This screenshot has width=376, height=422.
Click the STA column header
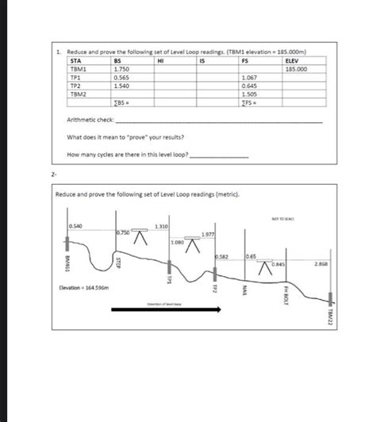(x=75, y=62)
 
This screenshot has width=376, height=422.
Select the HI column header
(x=161, y=62)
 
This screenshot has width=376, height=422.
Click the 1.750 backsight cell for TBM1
(x=122, y=70)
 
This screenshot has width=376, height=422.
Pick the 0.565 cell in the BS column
(x=122, y=78)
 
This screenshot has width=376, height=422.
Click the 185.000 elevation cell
(x=297, y=70)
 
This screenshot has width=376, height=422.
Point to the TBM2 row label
(x=79, y=94)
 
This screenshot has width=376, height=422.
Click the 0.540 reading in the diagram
(x=75, y=227)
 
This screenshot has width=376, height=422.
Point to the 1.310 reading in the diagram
(x=162, y=228)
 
